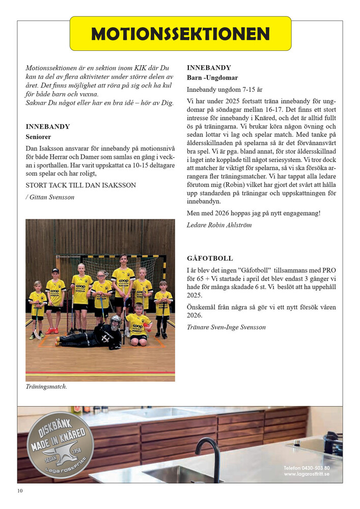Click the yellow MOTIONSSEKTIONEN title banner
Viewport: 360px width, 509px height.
point(180,34)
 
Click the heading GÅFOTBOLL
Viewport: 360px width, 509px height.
point(210,259)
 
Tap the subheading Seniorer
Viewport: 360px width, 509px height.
point(38,137)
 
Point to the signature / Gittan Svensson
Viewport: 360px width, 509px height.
point(49,197)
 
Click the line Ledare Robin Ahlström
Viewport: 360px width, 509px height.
point(219,224)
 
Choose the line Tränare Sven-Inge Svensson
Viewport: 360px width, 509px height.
point(226,327)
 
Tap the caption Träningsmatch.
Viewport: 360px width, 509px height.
point(46,386)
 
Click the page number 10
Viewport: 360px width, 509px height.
point(20,491)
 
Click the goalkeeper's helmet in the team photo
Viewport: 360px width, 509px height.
point(116,322)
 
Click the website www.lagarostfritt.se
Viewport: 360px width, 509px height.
point(307,474)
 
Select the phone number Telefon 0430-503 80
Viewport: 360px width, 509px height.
point(307,467)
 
